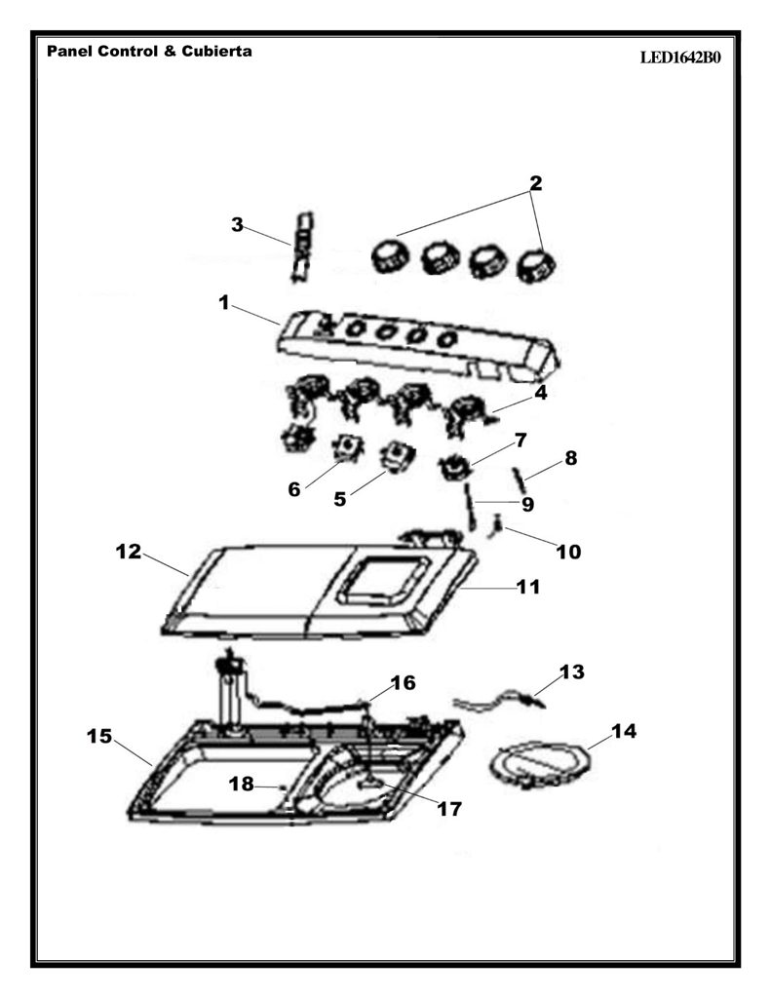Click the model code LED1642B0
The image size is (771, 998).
coord(680,58)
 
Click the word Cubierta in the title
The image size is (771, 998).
coord(216,51)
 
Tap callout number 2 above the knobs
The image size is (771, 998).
coord(535,182)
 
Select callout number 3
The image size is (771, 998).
coord(237,225)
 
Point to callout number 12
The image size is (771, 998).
coord(128,552)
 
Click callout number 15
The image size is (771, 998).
coord(99,736)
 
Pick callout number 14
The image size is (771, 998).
coord(623,731)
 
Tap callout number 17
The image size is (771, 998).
coord(448,809)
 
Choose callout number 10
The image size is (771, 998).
coord(568,552)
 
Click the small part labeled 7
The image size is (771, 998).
coord(454,468)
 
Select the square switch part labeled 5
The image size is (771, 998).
coord(398,459)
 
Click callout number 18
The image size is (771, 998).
coord(242,784)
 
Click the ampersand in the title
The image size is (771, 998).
coord(170,51)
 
